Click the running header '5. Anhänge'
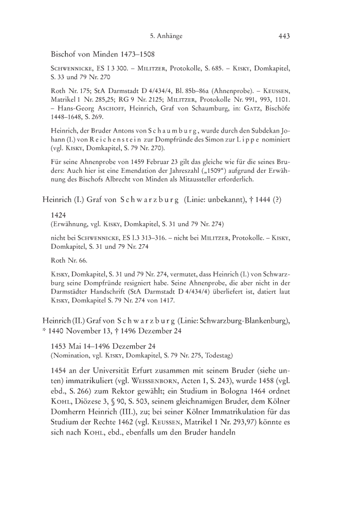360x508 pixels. tap(166, 36)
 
